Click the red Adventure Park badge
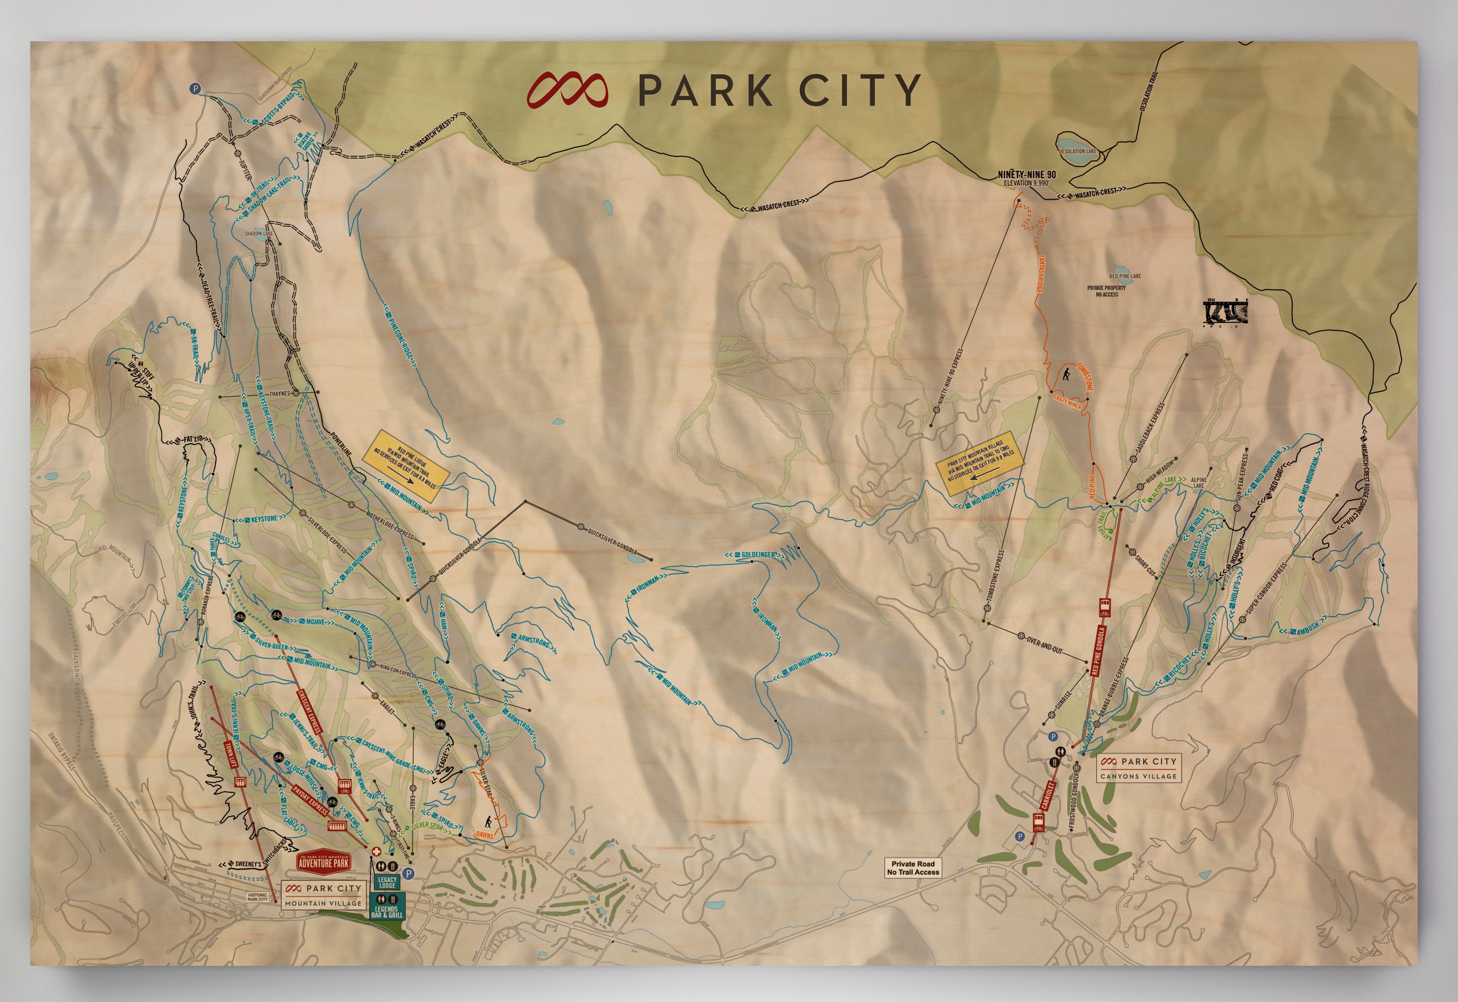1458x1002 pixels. tap(323, 861)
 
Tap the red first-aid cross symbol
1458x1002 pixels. tap(376, 852)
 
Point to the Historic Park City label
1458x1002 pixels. tap(258, 897)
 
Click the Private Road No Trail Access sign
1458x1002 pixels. tap(913, 868)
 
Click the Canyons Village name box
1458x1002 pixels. tap(1139, 768)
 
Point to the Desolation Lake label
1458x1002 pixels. tap(1077, 151)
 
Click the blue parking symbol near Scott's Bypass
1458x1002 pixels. tap(195, 90)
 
